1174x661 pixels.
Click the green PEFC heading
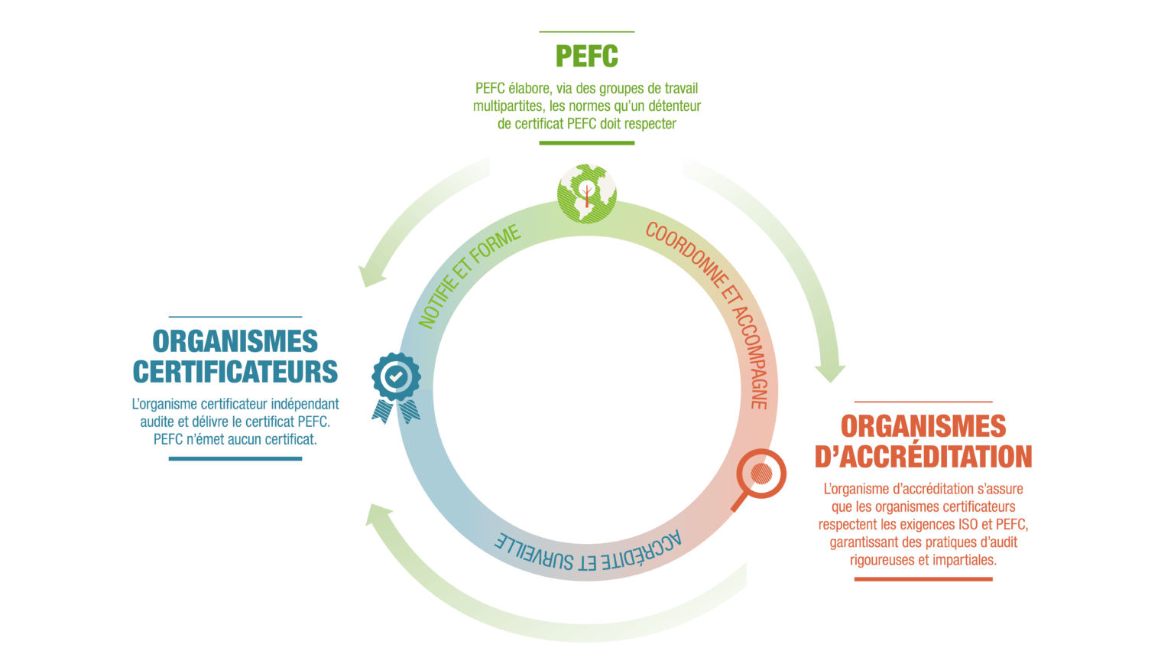(586, 57)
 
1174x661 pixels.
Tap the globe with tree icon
(586, 192)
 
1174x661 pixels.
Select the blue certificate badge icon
(395, 386)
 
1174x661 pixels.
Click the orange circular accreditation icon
(761, 474)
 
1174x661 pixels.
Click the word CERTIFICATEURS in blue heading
(235, 372)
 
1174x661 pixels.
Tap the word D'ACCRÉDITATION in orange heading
(923, 457)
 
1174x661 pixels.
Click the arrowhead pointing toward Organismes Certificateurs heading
(371, 275)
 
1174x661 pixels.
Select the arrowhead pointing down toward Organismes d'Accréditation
(829, 373)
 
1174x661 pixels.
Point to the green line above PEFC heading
(586, 31)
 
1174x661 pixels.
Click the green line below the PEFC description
(586, 142)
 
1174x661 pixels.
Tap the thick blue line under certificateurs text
(235, 459)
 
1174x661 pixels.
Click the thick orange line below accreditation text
(923, 579)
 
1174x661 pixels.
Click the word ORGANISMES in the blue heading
(235, 341)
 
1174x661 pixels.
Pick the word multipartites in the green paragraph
(507, 106)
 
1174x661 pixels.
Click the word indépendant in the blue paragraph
(306, 404)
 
